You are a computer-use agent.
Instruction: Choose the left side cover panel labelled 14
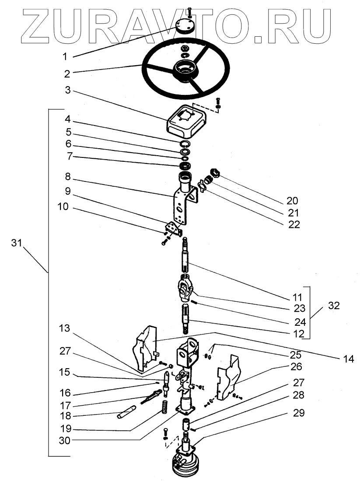(146, 348)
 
